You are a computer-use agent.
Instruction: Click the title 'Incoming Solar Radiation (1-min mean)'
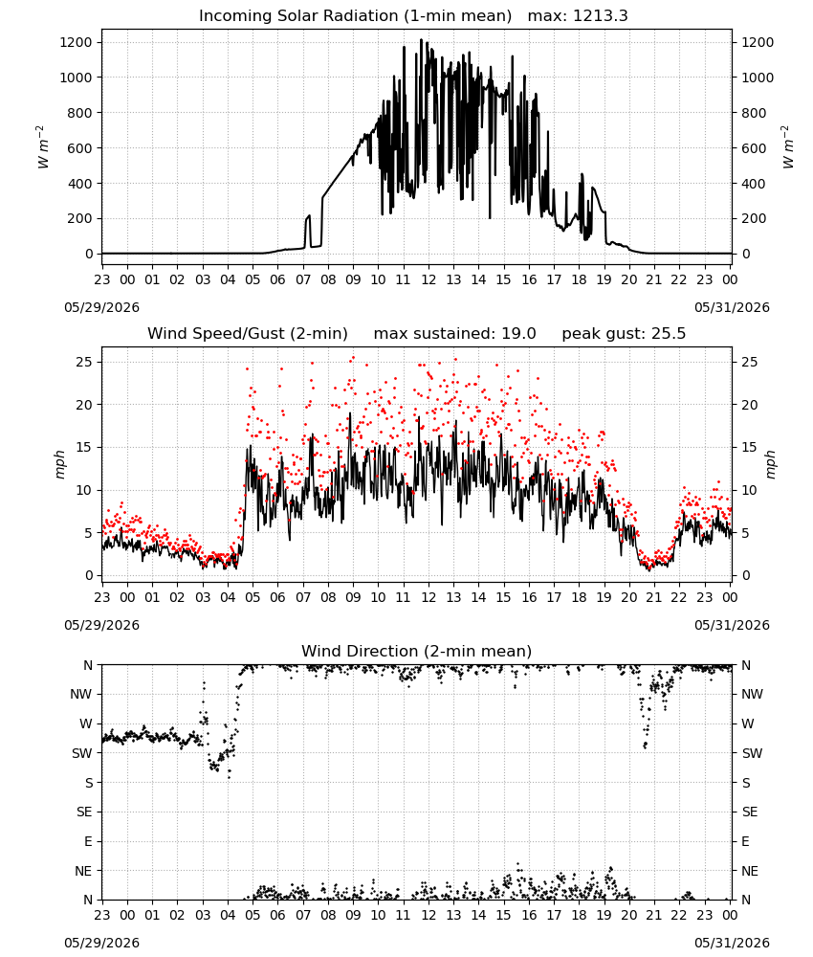[355, 16]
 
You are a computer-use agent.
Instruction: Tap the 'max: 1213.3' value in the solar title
[578, 16]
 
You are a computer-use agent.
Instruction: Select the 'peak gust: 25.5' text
[624, 334]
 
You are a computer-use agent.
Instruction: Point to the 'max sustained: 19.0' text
[454, 334]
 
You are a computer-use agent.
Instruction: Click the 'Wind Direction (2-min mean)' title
[417, 651]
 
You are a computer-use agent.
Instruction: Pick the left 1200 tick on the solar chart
[77, 42]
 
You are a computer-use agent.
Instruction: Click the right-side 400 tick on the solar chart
[754, 184]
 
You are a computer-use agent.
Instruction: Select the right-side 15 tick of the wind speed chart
[750, 447]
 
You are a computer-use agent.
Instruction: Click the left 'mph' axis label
[59, 464]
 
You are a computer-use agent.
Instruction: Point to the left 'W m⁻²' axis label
[42, 147]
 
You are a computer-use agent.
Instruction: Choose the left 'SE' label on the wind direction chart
[84, 812]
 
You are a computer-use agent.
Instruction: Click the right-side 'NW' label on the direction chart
[752, 695]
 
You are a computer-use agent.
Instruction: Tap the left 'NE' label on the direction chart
[83, 872]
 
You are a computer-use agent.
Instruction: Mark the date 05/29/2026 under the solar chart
[101, 307]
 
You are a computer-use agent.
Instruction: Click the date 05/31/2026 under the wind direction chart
[732, 943]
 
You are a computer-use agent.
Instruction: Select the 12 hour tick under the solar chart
[428, 280]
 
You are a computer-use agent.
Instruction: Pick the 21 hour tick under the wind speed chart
[654, 597]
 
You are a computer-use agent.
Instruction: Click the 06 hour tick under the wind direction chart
[277, 916]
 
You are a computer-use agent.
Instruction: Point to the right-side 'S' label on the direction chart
[746, 783]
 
